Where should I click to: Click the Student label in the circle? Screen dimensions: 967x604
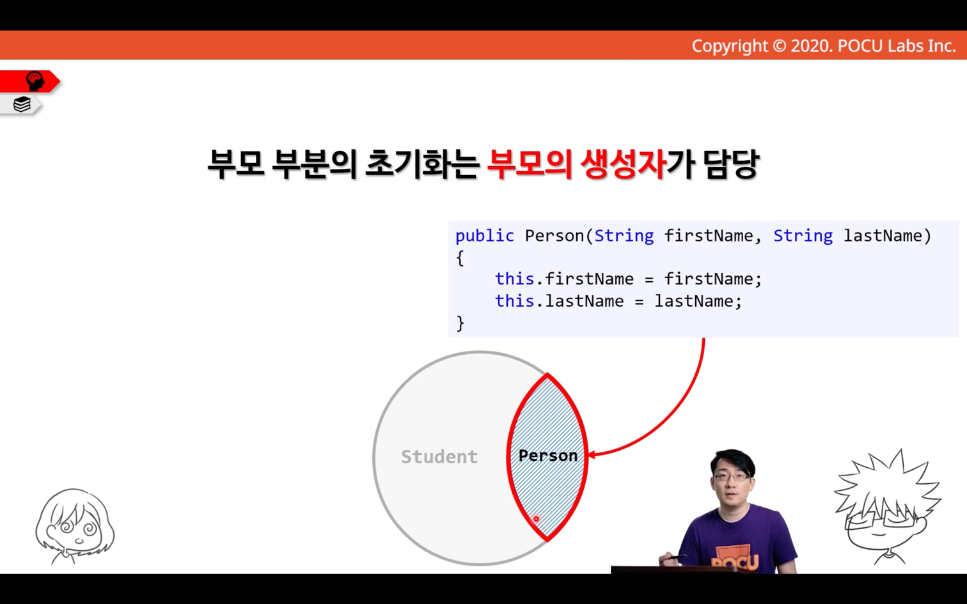[439, 456]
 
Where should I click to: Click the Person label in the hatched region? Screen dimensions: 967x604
[548, 456]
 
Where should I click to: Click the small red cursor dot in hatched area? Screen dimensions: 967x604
[536, 519]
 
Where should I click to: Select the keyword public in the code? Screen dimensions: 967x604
[484, 236]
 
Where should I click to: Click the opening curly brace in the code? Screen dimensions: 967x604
[460, 258]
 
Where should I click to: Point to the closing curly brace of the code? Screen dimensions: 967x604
[460, 323]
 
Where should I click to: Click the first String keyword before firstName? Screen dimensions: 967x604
[624, 236]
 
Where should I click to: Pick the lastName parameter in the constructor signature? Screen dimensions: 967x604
[883, 236]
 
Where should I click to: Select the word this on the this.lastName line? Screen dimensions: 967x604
[514, 300]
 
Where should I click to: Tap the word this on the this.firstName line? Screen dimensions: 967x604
[514, 279]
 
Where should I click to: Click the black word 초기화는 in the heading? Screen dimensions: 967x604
[422, 164]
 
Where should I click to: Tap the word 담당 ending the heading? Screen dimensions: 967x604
[730, 164]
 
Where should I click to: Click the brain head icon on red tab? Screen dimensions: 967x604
[35, 81]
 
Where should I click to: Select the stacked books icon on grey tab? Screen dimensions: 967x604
[22, 104]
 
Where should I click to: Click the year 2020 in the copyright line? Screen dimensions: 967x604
[812, 46]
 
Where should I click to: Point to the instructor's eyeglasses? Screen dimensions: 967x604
[732, 477]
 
